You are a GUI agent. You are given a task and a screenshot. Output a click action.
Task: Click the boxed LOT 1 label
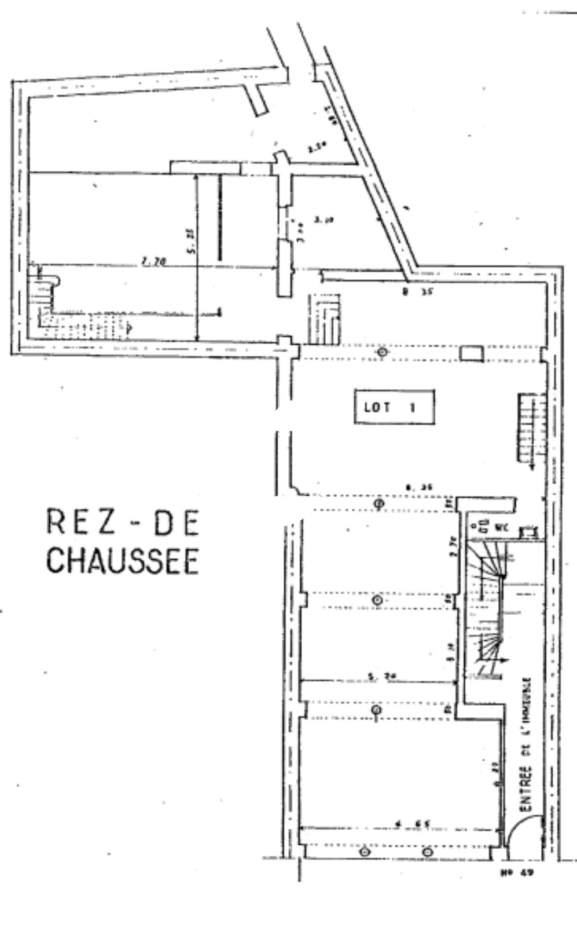[x=394, y=407]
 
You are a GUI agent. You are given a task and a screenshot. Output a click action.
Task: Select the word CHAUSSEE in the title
[x=122, y=560]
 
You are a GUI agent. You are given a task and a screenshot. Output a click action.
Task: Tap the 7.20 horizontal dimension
[x=153, y=262]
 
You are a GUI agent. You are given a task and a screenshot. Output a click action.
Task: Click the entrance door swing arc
[x=524, y=834]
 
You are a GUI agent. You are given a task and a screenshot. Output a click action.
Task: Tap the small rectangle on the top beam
[x=472, y=353]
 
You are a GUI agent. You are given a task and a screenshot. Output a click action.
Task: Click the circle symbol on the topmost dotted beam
[x=382, y=352]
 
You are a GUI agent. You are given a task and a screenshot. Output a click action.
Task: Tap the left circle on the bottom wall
[x=365, y=852]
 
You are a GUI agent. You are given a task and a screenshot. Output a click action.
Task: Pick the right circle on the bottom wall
[x=428, y=852]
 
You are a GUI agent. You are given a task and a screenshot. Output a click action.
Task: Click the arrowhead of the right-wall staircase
[x=531, y=463]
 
